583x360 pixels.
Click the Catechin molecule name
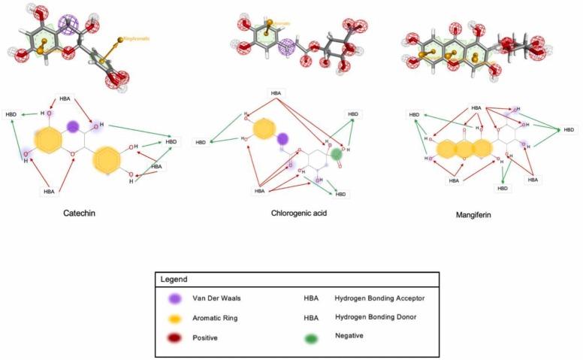(x=80, y=213)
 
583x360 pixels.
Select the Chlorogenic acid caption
(x=299, y=213)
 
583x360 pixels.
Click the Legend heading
(x=174, y=279)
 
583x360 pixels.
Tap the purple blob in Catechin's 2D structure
(x=73, y=126)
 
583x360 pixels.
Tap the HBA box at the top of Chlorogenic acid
(x=276, y=93)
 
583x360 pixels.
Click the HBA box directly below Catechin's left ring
(x=50, y=192)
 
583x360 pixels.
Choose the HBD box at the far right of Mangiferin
(x=570, y=130)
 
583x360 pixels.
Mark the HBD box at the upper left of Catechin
(x=11, y=114)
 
